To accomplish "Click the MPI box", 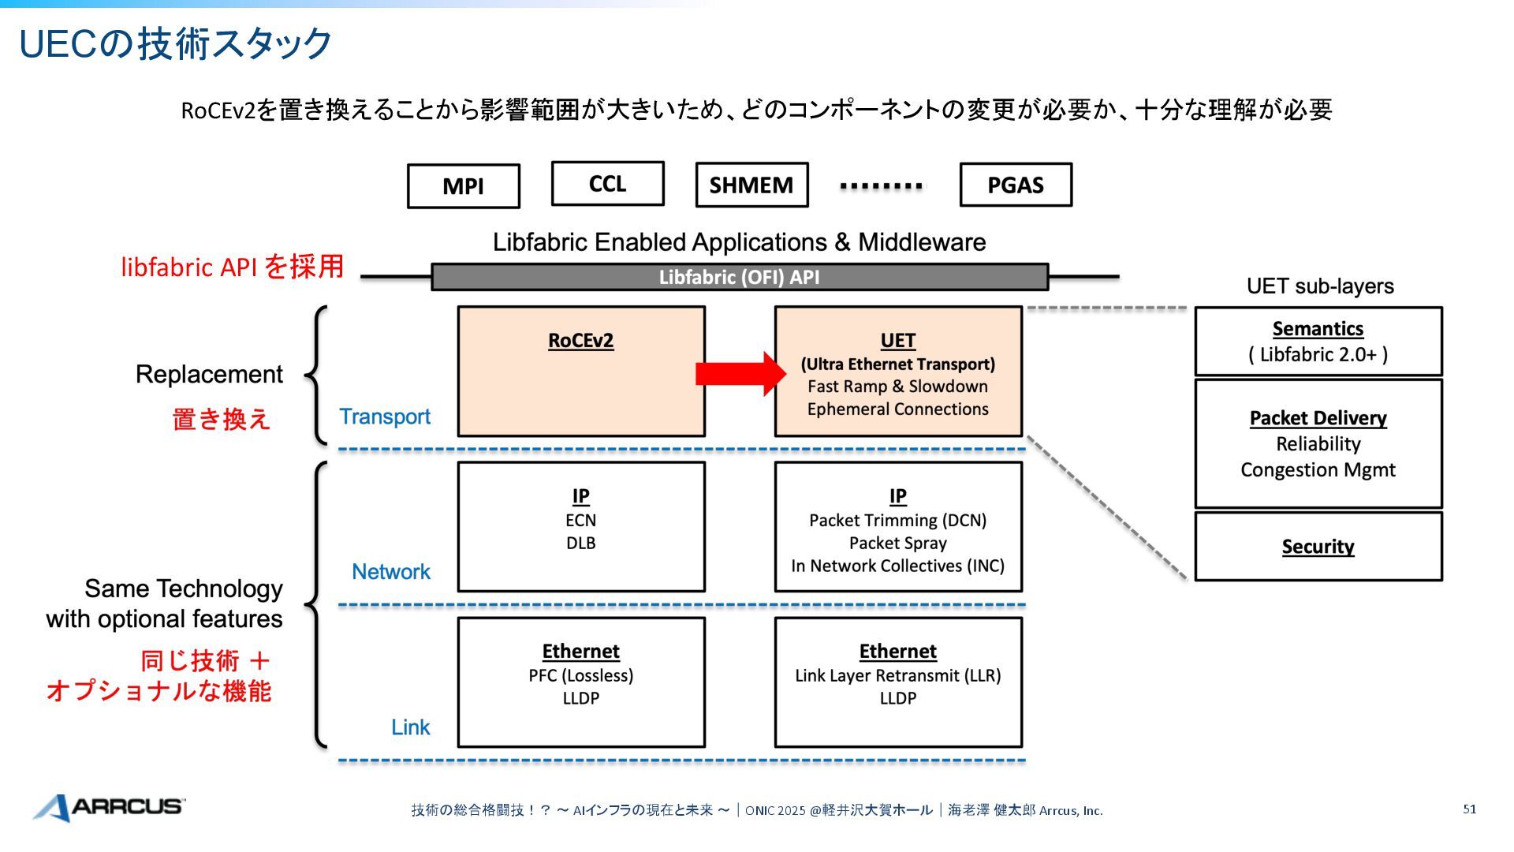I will [x=463, y=186].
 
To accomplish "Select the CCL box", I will [x=607, y=184].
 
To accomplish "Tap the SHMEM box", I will [x=751, y=185].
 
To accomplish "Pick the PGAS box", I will [x=1016, y=185].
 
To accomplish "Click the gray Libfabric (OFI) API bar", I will [x=739, y=278].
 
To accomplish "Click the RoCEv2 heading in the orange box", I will [x=580, y=341].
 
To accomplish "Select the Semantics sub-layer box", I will [x=1318, y=342].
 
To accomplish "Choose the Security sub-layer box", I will [x=1318, y=547].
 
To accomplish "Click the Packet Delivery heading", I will [x=1318, y=418].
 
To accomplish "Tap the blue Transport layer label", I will [x=385, y=417].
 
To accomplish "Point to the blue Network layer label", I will [x=391, y=572].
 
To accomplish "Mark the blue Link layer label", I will [x=411, y=727].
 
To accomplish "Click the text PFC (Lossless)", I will [x=580, y=676].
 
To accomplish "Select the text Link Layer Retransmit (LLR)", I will [x=897, y=676].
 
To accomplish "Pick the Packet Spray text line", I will [x=897, y=544].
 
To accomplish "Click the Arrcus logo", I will [x=109, y=807].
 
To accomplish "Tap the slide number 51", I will [x=1469, y=809].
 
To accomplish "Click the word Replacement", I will [x=209, y=375].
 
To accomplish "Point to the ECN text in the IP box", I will [x=580, y=521].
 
